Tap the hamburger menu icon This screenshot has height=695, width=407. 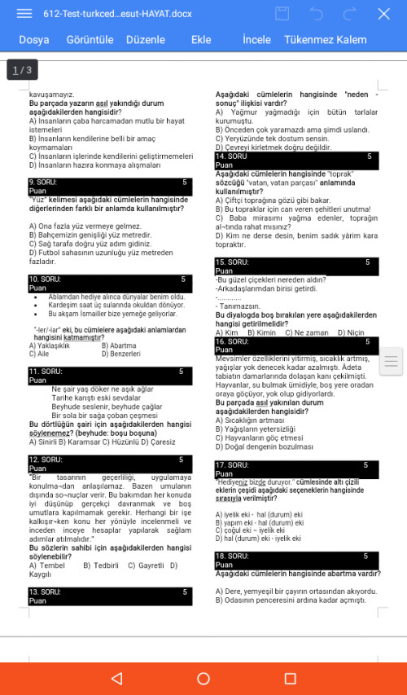[x=24, y=14]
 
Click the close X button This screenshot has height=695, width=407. [x=384, y=14]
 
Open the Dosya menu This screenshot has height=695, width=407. [x=34, y=40]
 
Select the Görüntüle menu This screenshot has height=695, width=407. [x=90, y=40]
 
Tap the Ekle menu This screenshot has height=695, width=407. [x=201, y=40]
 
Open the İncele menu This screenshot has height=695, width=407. [x=256, y=40]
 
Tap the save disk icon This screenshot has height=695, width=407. [x=282, y=14]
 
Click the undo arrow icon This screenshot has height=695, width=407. [x=317, y=14]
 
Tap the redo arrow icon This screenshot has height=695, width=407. [x=350, y=14]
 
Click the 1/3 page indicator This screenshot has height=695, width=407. [x=23, y=70]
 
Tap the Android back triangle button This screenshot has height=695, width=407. [x=116, y=678]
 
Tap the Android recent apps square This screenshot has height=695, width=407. [x=290, y=678]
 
